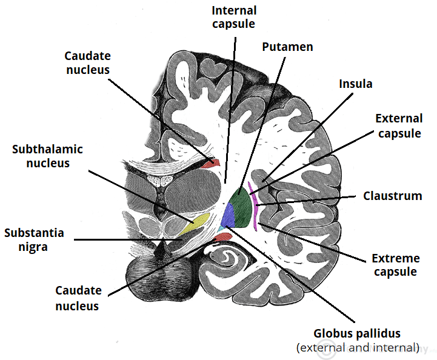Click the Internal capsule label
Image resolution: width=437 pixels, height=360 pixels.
[233, 18]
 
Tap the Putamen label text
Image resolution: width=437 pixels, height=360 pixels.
[287, 47]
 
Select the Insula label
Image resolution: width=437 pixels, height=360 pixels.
[355, 83]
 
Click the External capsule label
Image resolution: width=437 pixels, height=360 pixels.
[398, 125]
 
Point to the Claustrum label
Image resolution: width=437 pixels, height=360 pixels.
[392, 196]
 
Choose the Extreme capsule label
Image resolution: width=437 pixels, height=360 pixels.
[395, 265]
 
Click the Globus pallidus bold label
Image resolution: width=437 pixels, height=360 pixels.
[357, 333]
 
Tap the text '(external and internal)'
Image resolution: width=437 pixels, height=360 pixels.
[358, 347]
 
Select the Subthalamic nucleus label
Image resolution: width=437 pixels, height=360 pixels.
[47, 156]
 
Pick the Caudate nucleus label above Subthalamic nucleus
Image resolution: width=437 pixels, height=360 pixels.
[87, 62]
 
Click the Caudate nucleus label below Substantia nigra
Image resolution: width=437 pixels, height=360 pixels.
[77, 298]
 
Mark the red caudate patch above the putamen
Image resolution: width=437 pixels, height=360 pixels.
[210, 163]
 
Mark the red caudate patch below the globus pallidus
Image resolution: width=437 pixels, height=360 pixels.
[223, 236]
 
